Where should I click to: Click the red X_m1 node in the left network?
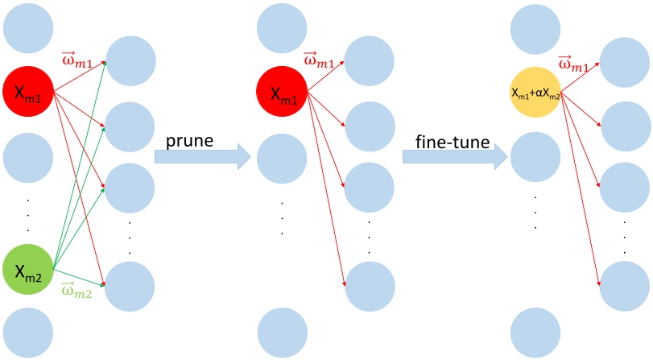(28, 91)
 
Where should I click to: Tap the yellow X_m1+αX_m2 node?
(535, 93)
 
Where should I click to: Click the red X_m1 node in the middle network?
(282, 91)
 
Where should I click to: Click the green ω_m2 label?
(76, 291)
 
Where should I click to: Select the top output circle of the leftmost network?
(130, 60)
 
